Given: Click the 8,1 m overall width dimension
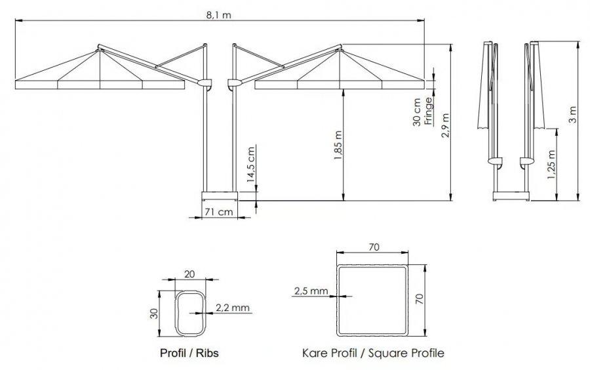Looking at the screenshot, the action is click(218, 15).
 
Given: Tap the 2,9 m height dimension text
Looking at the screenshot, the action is click(446, 125).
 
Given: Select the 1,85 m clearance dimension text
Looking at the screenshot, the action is click(338, 146).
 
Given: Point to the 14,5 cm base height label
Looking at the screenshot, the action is click(251, 165).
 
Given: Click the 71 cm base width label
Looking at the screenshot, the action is click(218, 212).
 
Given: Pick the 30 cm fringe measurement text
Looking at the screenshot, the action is click(416, 112).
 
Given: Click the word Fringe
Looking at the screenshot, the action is click(428, 111).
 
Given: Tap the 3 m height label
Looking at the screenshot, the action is click(572, 114).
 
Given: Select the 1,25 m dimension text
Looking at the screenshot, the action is click(551, 165).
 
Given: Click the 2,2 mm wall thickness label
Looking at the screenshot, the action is click(233, 308).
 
